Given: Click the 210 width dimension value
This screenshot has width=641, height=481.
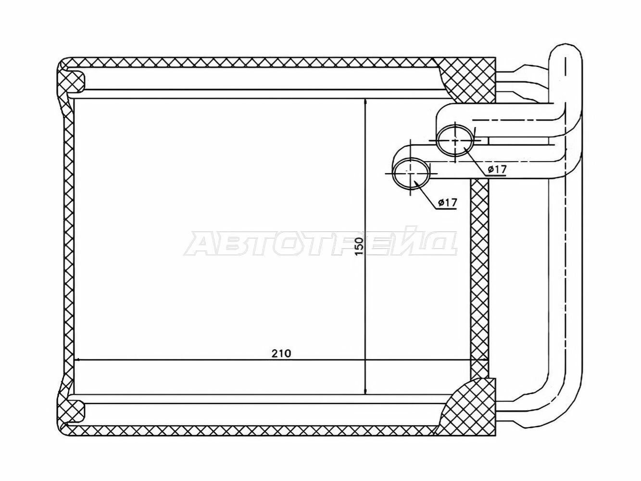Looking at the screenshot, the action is tap(281, 354).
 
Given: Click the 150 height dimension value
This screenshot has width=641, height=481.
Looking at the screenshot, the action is tap(359, 246).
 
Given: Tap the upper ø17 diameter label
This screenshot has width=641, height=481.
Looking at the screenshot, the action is tap(497, 169).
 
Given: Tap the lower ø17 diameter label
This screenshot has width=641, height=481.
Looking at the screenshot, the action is tap(447, 202).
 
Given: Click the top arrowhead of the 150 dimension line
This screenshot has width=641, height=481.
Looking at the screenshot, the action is tap(365, 102).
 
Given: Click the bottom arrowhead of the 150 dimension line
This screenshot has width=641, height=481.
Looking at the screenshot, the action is tap(365, 390).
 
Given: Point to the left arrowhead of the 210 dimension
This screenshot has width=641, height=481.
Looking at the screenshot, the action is tap(78, 360).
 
